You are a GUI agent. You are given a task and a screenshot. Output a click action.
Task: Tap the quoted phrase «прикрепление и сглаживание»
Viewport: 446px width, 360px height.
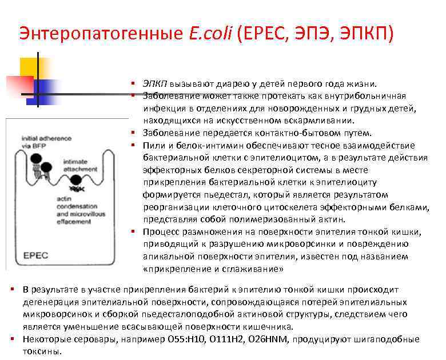[213, 269]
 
